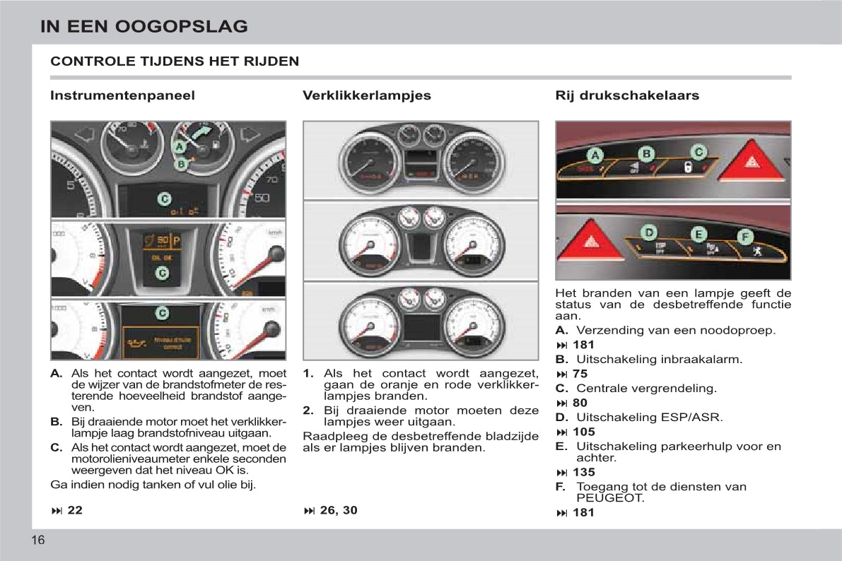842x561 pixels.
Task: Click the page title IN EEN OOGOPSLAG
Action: point(144,27)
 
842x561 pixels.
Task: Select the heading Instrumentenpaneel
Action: point(122,95)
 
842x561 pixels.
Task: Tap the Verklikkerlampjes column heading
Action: point(366,95)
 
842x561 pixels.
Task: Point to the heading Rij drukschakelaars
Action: point(627,95)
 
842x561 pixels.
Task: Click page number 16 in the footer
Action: point(38,541)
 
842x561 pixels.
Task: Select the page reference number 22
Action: point(75,510)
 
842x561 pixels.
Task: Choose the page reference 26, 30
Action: point(339,510)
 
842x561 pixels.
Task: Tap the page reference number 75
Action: point(580,374)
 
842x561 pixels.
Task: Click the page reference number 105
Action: point(584,432)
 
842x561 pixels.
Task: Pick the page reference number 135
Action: point(584,472)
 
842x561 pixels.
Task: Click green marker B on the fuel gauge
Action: point(181,164)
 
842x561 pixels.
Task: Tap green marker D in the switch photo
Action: point(648,232)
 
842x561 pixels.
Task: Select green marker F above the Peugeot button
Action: point(746,237)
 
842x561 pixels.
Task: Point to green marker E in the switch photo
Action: point(698,235)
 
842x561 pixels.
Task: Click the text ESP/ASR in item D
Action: point(697,417)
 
